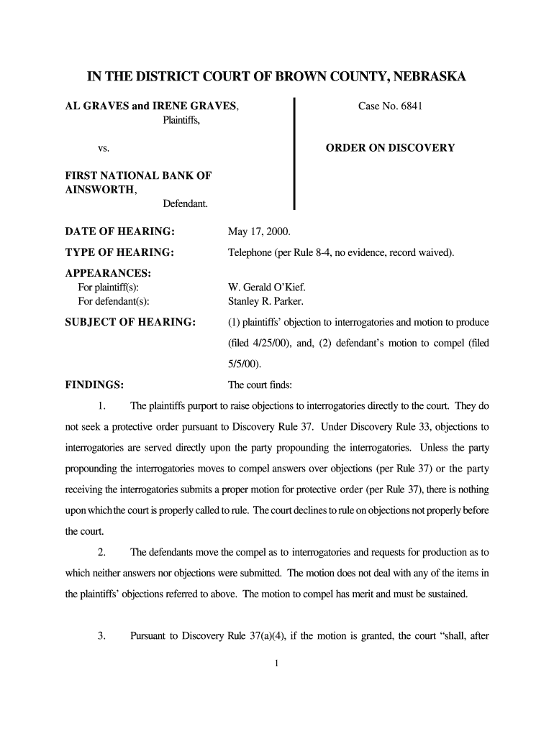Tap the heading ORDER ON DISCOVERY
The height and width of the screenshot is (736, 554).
coord(390,148)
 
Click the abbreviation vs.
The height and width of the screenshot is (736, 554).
coord(104,148)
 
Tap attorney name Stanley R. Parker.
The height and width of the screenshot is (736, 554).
coord(265,301)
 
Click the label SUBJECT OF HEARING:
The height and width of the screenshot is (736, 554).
coord(130,321)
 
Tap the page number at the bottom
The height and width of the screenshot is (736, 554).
coord(277,663)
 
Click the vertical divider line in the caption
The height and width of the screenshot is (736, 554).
coord(294,154)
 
